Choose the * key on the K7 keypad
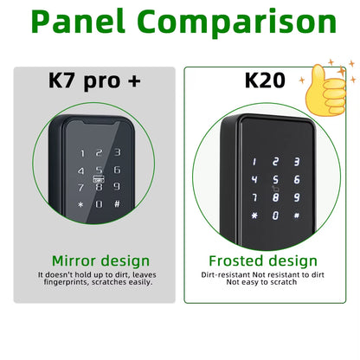point(81,205)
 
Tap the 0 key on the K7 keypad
point(100,204)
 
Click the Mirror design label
point(100,260)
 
